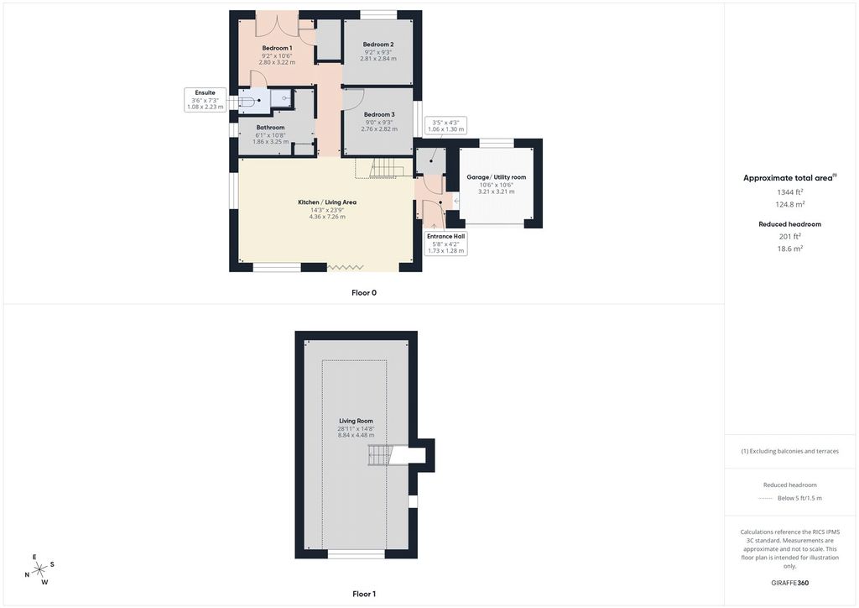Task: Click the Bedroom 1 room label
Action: [x=277, y=48]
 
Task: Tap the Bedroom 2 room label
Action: [x=378, y=45]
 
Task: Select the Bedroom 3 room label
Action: [x=379, y=114]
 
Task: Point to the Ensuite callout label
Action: [x=206, y=100]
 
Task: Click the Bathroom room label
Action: [x=271, y=127]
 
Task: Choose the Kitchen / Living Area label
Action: [x=327, y=202]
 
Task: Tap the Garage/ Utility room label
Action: [x=497, y=177]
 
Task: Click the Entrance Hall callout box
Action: [x=446, y=244]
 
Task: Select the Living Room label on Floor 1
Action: [x=356, y=421]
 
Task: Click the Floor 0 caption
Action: [x=364, y=293]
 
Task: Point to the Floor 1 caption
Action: [x=364, y=594]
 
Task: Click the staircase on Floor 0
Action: [x=387, y=168]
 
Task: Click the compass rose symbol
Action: [x=40, y=570]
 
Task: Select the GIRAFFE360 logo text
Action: [x=789, y=583]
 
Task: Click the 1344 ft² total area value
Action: [x=789, y=191]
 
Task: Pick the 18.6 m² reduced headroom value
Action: [x=789, y=249]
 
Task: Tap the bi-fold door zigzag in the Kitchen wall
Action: [x=345, y=267]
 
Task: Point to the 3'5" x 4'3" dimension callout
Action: [x=445, y=126]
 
